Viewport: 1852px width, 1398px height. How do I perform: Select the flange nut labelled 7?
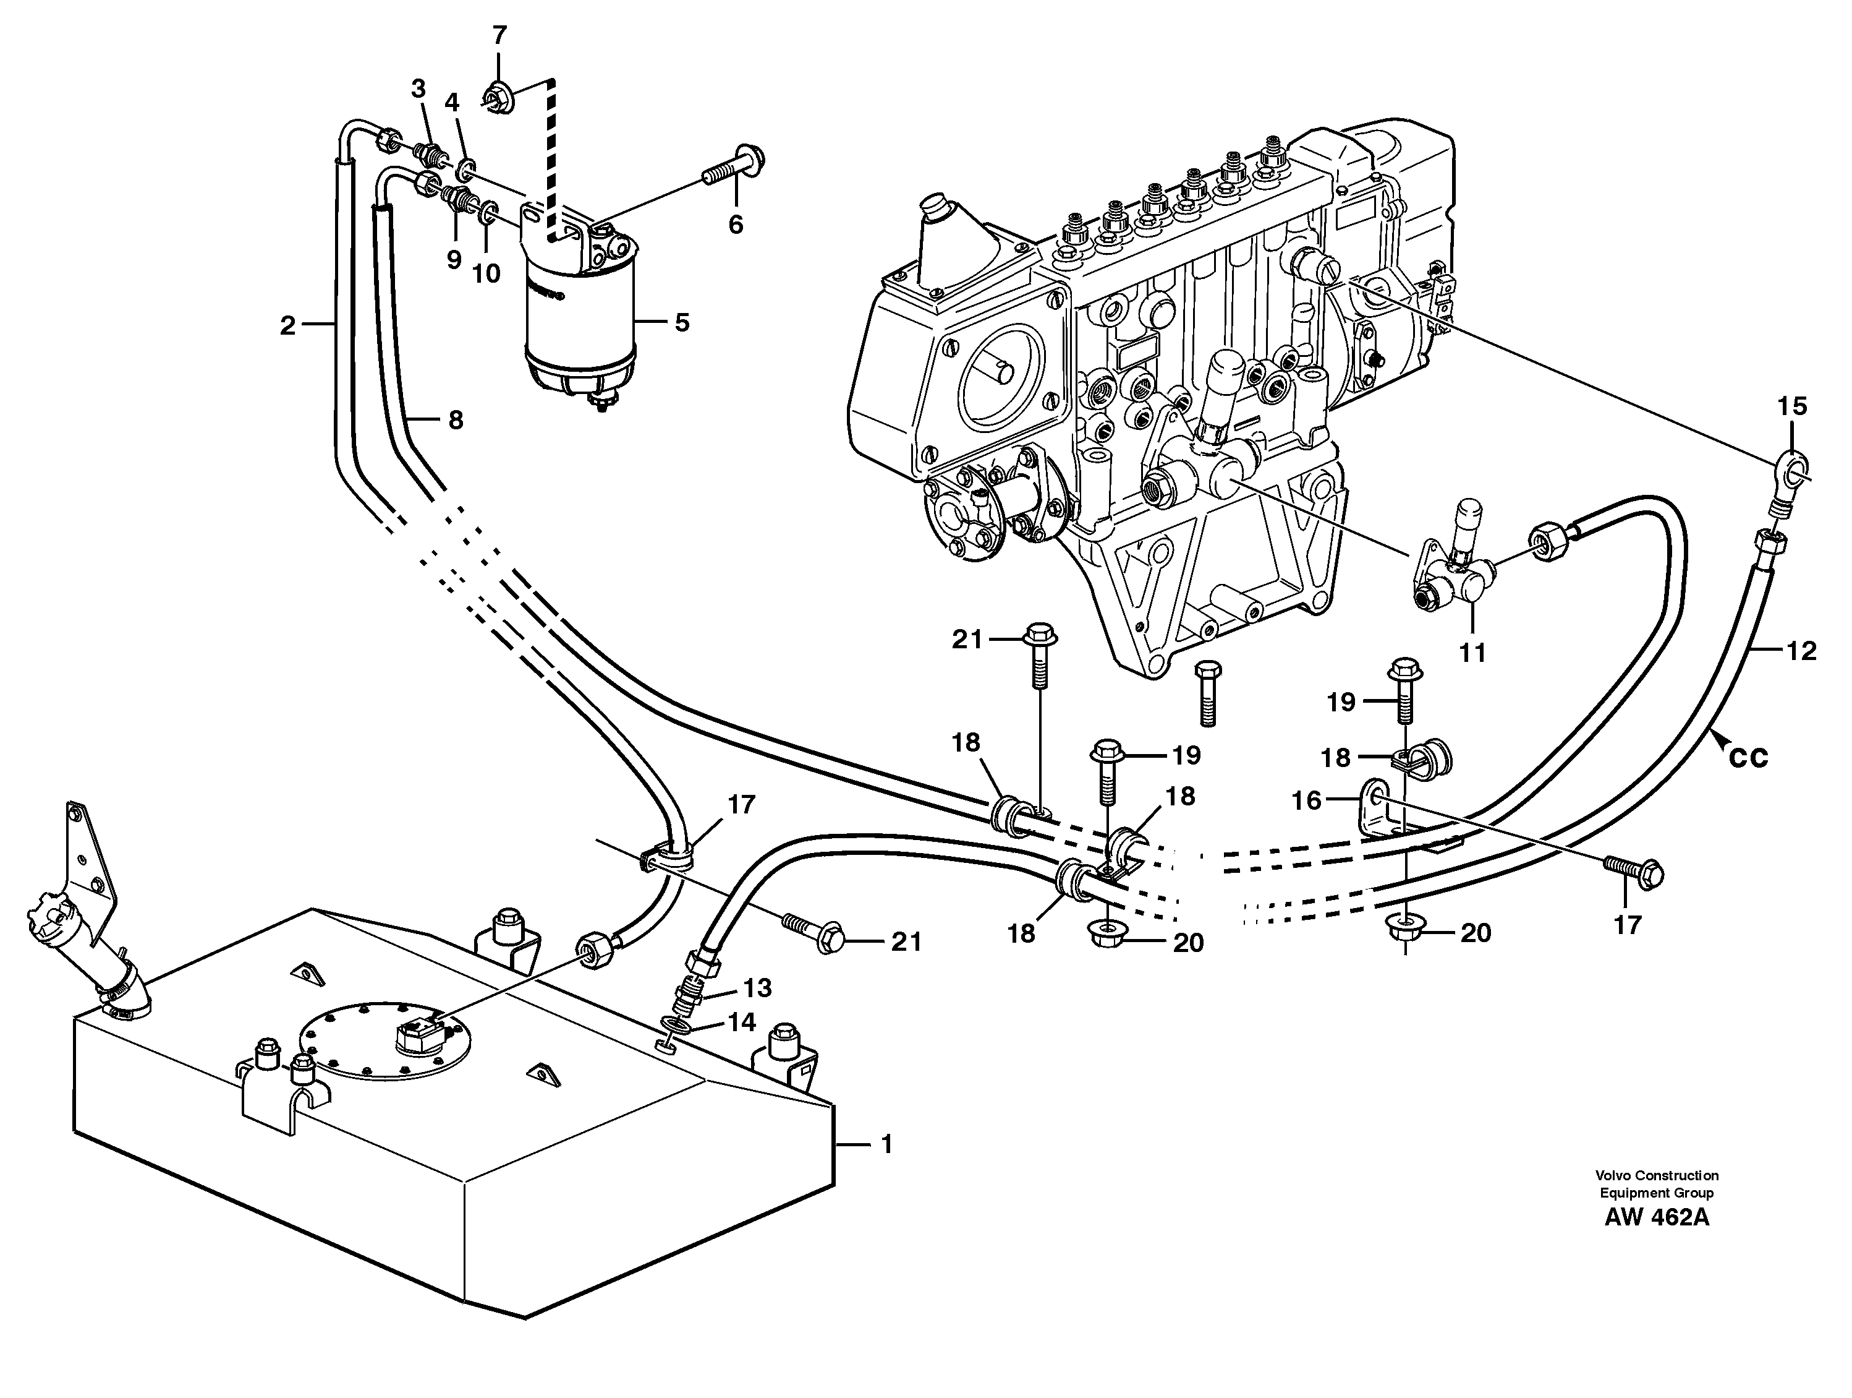tap(500, 96)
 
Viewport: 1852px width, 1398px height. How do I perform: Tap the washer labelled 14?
tap(678, 1025)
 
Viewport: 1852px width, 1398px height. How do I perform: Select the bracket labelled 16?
tap(1377, 808)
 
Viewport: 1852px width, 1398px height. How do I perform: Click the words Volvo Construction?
tap(1656, 1175)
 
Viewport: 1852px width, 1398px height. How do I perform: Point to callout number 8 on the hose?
tap(454, 419)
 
